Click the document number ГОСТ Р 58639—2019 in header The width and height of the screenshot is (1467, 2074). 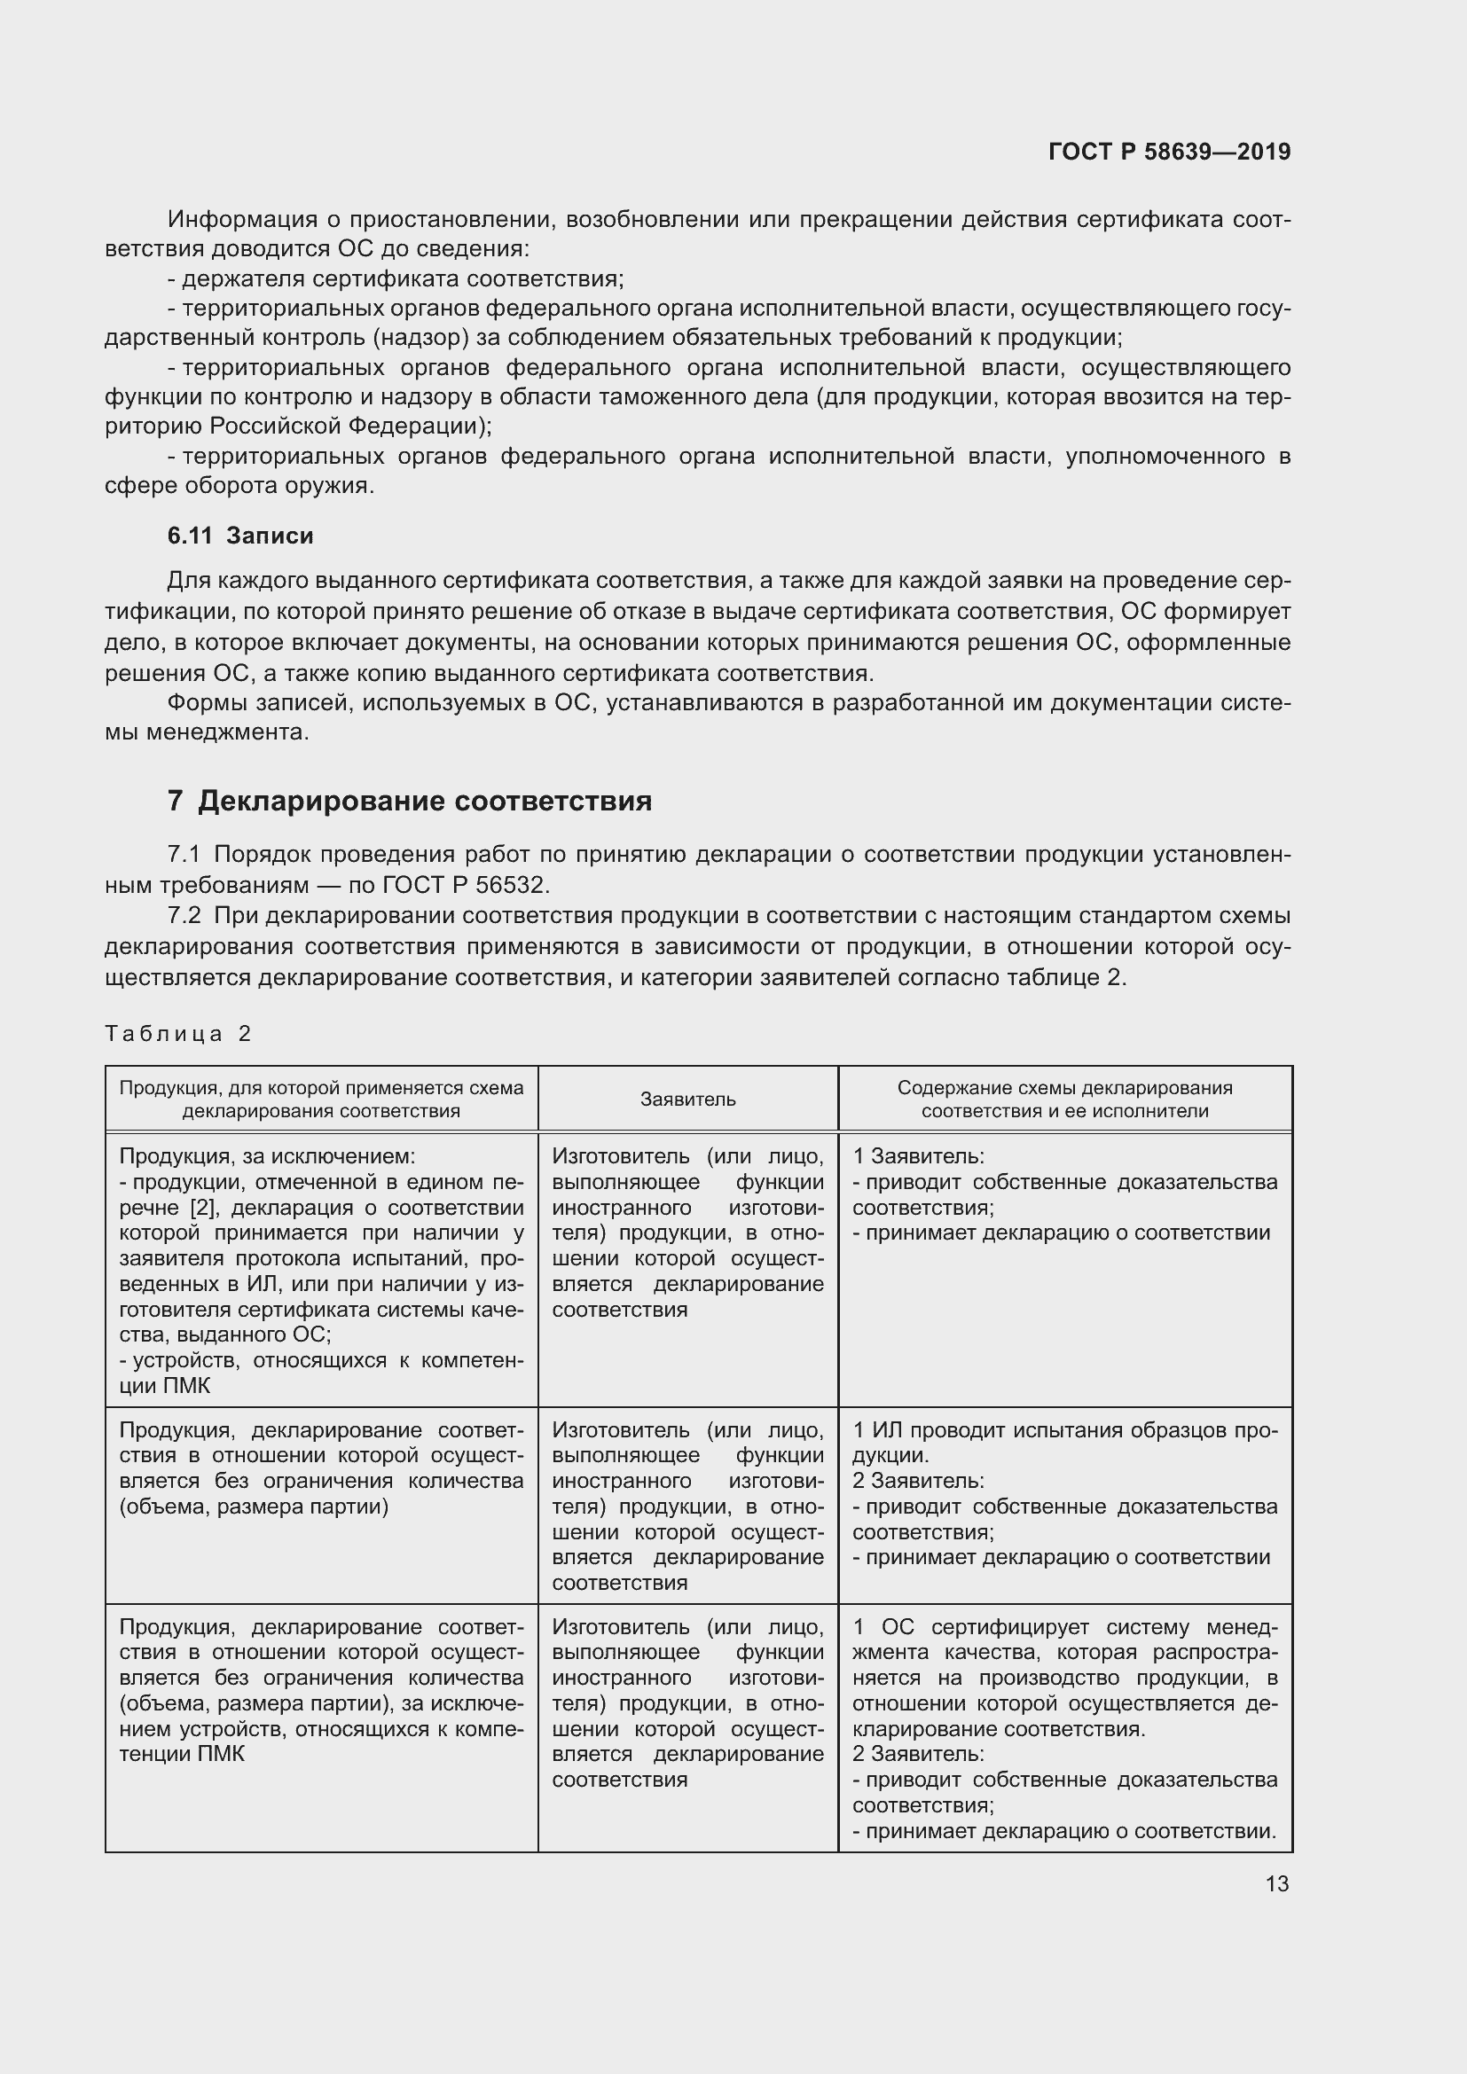pyautogui.click(x=1169, y=152)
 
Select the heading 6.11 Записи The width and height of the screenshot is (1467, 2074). pyautogui.click(x=240, y=536)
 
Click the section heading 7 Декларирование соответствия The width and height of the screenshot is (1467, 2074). pyautogui.click(x=409, y=802)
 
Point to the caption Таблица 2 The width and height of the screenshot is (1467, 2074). pyautogui.click(x=178, y=1033)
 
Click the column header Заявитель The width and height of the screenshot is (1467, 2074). pyautogui.click(x=687, y=1100)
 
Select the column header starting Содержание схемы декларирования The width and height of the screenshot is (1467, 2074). pyautogui.click(x=1064, y=1100)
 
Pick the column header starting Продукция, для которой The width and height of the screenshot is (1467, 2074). pyautogui.click(x=321, y=1100)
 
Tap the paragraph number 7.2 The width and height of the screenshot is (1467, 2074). pyautogui.click(x=184, y=915)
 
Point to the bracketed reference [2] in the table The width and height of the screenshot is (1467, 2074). pyautogui.click(x=201, y=1208)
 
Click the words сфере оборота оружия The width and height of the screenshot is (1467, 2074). pyautogui.click(x=239, y=486)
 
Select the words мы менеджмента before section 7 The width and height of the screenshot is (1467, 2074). pyautogui.click(x=207, y=732)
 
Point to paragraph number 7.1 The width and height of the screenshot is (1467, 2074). pyautogui.click(x=184, y=855)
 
